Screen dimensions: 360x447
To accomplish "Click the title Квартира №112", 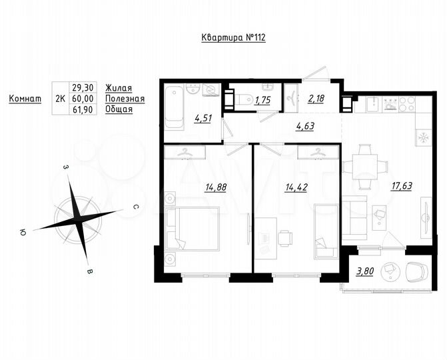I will pyautogui.click(x=234, y=38).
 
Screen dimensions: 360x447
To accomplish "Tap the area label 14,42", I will pyautogui.click(x=296, y=187).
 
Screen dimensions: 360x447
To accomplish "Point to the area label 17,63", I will pyautogui.click(x=402, y=186).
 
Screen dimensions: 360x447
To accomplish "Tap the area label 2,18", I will pyautogui.click(x=316, y=99).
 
